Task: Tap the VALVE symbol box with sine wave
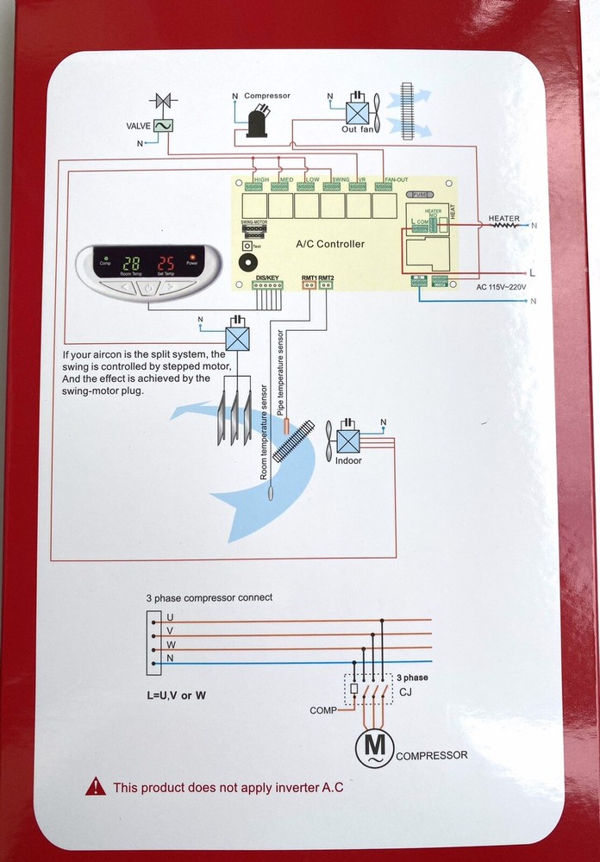pos(163,125)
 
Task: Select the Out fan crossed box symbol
pos(356,113)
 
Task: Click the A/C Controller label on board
pos(330,244)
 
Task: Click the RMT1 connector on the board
pos(308,285)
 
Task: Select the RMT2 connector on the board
pos(325,285)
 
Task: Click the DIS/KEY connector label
pos(268,278)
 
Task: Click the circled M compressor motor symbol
pos(374,748)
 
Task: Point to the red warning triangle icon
pos(97,786)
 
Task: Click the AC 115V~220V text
pos(504,287)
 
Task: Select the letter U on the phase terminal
pos(170,617)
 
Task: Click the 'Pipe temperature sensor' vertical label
pos(282,371)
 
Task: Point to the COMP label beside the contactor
pos(323,710)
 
